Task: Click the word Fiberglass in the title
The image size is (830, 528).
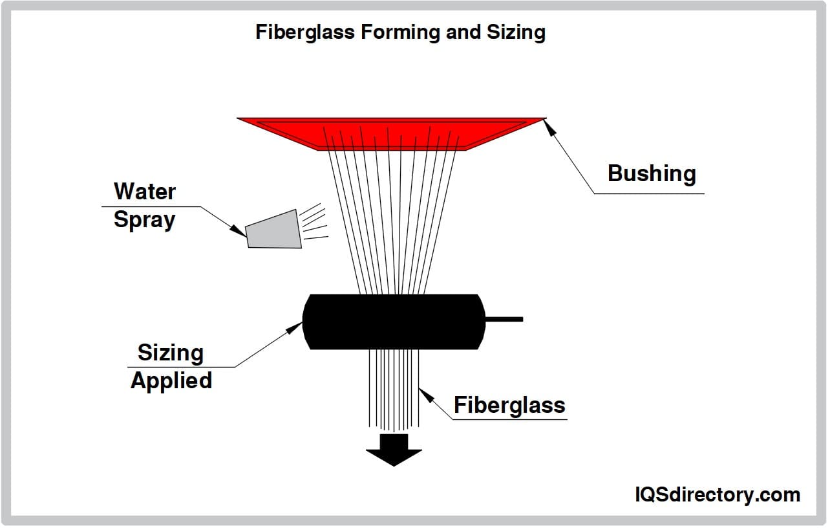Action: pos(305,32)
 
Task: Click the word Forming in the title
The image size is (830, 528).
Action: pos(401,32)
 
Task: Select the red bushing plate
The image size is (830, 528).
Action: pos(392,133)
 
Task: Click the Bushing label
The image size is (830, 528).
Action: pos(652,173)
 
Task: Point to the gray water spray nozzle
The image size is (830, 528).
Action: pos(274,229)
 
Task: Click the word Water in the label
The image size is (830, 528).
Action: pos(145,191)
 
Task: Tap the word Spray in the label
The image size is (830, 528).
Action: pos(144,219)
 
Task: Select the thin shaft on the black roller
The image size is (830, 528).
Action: pos(504,319)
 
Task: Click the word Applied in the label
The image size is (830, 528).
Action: pos(171,380)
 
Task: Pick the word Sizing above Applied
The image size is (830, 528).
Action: pos(171,353)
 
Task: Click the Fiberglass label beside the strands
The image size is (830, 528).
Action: pos(509,405)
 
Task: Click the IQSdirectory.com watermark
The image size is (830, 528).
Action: pos(717,495)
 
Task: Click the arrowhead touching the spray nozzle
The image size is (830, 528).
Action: pos(239,229)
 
